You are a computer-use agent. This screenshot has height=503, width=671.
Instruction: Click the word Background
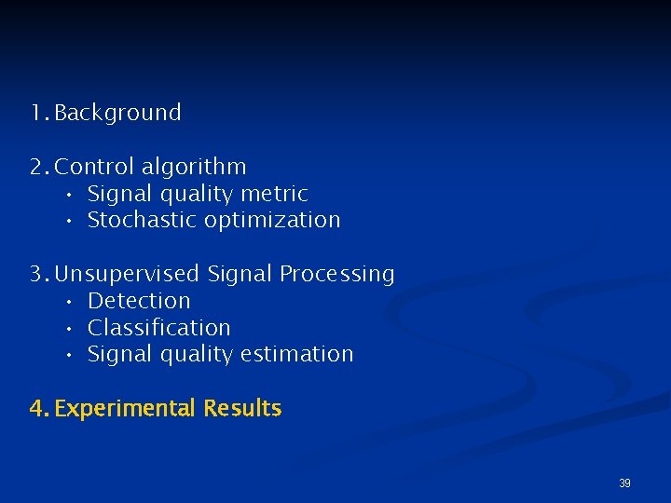coord(117,114)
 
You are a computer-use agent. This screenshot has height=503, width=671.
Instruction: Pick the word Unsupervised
coord(128,275)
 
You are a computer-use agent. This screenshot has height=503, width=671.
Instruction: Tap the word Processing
coord(336,275)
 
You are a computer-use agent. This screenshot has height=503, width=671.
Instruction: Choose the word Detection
coord(139,301)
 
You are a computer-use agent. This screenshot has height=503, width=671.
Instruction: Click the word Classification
coord(158,328)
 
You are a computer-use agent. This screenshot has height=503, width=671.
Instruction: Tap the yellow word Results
coord(242,408)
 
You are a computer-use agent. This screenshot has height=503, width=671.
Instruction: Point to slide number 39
coord(624,483)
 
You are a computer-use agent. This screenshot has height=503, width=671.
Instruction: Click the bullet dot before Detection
coord(70,302)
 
